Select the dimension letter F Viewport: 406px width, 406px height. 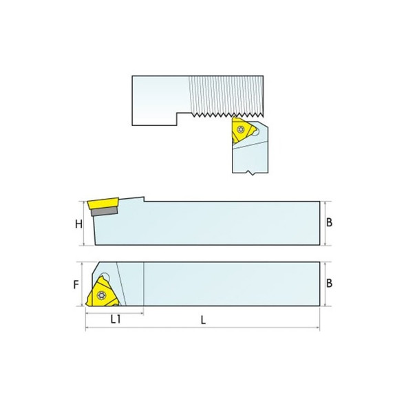78,284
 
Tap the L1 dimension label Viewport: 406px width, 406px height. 116,321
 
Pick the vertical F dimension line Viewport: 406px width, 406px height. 84,284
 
